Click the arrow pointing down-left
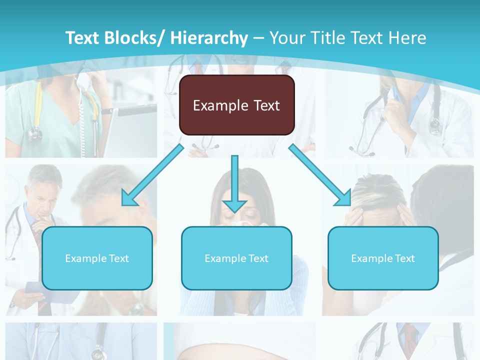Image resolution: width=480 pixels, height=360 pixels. (x=152, y=175)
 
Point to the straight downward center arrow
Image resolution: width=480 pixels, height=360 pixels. (x=234, y=182)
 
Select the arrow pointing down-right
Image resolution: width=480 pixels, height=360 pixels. (x=320, y=175)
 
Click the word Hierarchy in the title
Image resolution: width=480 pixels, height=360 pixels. (x=209, y=38)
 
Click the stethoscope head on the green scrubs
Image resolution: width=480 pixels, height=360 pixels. (x=34, y=133)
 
